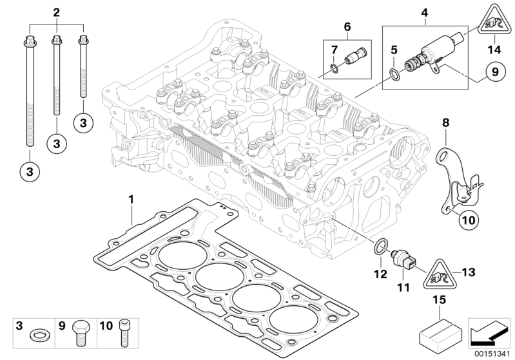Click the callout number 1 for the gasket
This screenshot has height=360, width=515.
point(131,200)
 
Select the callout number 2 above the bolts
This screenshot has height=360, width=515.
point(57,13)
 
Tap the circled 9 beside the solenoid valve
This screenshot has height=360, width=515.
point(495,71)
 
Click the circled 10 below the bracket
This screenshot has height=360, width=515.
point(469,220)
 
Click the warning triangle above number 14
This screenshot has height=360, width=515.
point(494,19)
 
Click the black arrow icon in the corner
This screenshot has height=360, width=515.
point(489,335)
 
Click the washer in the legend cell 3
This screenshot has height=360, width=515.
point(38,336)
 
